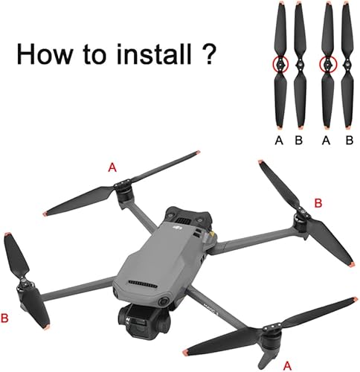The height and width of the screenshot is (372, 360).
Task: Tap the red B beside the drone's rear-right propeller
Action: (318, 202)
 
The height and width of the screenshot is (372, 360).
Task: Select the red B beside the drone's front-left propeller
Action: (6, 318)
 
